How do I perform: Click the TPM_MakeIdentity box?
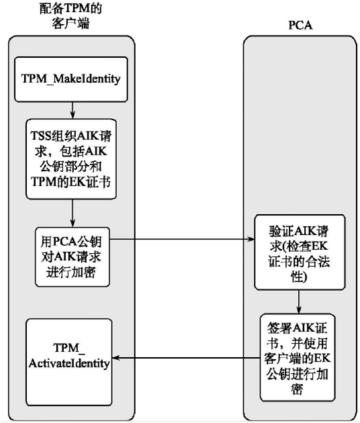tap(71, 79)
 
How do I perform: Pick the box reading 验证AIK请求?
tap(300, 252)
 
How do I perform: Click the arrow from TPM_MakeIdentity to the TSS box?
tap(72, 111)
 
